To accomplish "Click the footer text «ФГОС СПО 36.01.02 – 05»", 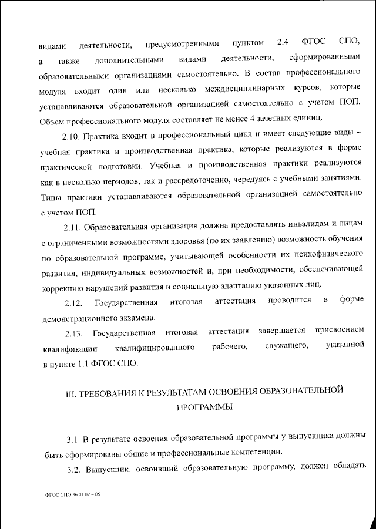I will coord(73,495).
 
